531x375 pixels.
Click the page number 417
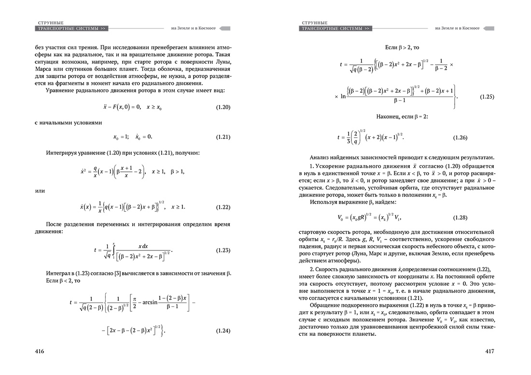(x=490, y=351)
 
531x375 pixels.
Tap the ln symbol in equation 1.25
(x=343, y=97)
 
